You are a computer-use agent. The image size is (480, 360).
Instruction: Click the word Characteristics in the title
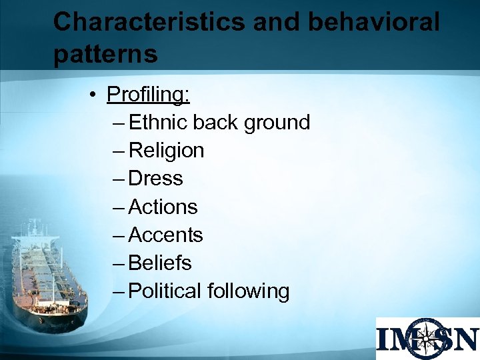click(149, 22)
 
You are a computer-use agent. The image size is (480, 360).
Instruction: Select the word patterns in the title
click(105, 54)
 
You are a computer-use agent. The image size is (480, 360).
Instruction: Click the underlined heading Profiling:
click(148, 95)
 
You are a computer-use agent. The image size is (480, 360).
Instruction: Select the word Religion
click(166, 151)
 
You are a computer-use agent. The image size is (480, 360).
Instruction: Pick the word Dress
click(155, 179)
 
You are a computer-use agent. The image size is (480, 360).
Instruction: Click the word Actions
click(163, 207)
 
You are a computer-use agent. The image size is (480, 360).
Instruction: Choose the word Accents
click(165, 235)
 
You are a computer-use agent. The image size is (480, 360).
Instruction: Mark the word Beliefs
click(160, 263)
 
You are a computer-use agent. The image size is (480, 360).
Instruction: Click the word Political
click(165, 291)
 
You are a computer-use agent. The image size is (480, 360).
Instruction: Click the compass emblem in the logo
click(425, 339)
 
